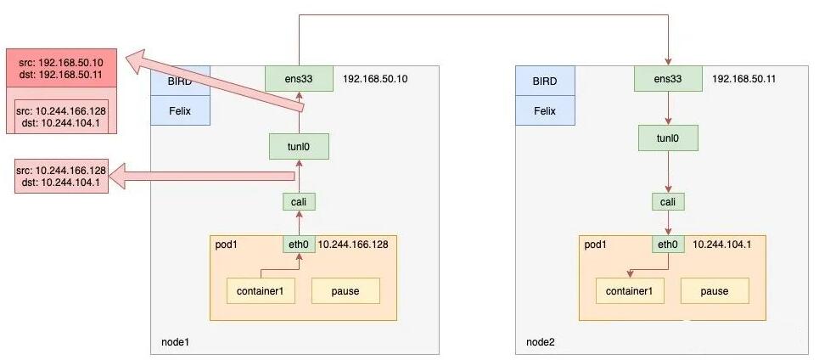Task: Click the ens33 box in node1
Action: (x=299, y=78)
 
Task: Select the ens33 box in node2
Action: (x=668, y=78)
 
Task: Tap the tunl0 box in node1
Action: (x=299, y=146)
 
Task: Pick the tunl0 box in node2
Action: (x=668, y=138)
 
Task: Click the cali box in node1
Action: (x=299, y=202)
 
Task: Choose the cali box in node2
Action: (x=668, y=202)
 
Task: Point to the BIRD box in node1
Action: (x=180, y=81)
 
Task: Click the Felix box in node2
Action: (x=545, y=110)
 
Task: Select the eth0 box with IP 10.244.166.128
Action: (x=299, y=244)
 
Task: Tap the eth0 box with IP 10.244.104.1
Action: (x=668, y=244)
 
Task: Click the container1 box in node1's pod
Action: (x=261, y=290)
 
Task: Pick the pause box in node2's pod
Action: (x=715, y=290)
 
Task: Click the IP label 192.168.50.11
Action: (x=743, y=79)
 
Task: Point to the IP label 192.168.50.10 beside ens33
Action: (x=375, y=79)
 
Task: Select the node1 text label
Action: (x=175, y=342)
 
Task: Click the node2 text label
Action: (x=541, y=342)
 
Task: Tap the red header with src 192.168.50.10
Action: (x=61, y=69)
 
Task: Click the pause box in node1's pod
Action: (x=345, y=290)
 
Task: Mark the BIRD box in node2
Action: (x=545, y=81)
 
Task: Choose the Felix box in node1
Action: (x=180, y=110)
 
